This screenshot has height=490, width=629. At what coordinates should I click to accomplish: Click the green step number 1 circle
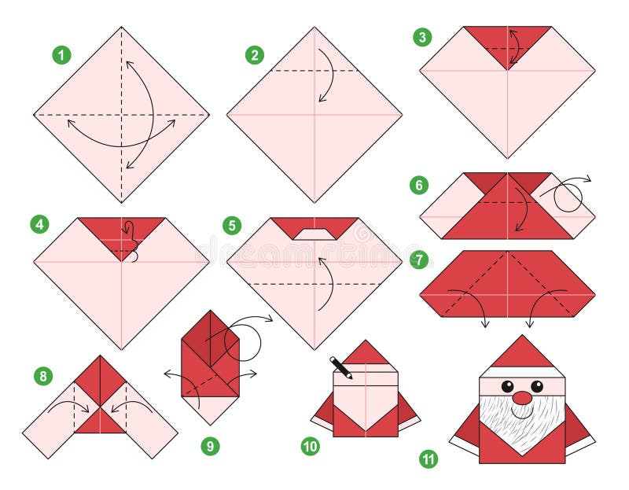[61, 55]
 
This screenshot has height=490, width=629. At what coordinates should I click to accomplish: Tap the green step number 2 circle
[254, 55]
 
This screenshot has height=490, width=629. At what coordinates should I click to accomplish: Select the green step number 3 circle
[422, 37]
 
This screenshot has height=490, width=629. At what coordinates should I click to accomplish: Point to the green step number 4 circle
[39, 224]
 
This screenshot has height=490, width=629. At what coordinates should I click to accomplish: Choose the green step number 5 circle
[232, 226]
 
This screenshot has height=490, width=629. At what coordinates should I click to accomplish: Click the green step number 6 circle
[419, 186]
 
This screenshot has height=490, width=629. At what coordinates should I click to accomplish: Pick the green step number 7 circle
[419, 259]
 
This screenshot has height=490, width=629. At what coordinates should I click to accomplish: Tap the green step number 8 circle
[43, 376]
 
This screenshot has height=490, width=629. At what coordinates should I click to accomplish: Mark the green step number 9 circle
[209, 446]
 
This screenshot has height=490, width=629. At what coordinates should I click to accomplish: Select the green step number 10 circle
[311, 446]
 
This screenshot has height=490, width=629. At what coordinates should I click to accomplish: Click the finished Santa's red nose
[522, 398]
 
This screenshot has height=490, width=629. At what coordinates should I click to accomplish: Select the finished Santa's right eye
[537, 386]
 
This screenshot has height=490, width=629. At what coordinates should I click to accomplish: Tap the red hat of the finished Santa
[521, 355]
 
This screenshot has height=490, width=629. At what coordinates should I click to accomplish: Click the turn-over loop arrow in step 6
[568, 193]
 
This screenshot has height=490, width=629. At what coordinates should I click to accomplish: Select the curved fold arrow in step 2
[327, 75]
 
